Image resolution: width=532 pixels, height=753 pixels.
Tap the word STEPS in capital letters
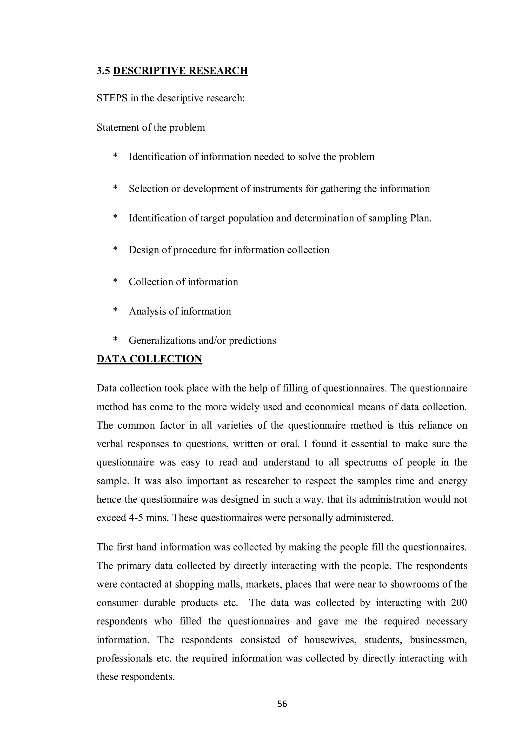pyautogui.click(x=112, y=98)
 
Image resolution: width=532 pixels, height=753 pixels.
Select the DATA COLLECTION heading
pyautogui.click(x=149, y=359)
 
